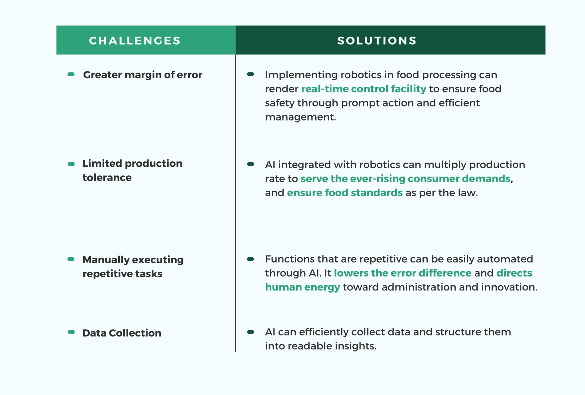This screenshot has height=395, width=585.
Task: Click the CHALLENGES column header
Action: (135, 41)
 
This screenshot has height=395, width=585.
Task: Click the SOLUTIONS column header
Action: (377, 41)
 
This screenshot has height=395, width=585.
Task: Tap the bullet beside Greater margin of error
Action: (71, 74)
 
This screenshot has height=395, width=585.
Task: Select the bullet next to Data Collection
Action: (71, 332)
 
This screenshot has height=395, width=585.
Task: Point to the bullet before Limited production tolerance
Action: (71, 164)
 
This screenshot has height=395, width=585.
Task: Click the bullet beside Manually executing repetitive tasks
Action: (71, 259)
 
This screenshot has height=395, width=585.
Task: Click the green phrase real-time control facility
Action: (364, 89)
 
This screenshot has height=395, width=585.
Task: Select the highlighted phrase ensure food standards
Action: (345, 193)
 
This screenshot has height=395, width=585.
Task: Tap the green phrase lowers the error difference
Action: (402, 273)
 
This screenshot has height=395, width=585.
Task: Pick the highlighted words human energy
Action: (302, 287)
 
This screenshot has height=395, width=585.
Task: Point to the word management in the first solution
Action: (300, 117)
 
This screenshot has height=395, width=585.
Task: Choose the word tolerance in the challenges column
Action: (107, 178)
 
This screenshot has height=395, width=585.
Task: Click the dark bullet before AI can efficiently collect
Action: (251, 332)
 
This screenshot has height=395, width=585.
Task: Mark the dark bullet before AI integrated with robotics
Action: (251, 164)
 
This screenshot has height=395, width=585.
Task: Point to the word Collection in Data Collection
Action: (135, 333)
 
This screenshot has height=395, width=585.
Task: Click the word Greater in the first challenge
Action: (103, 75)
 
